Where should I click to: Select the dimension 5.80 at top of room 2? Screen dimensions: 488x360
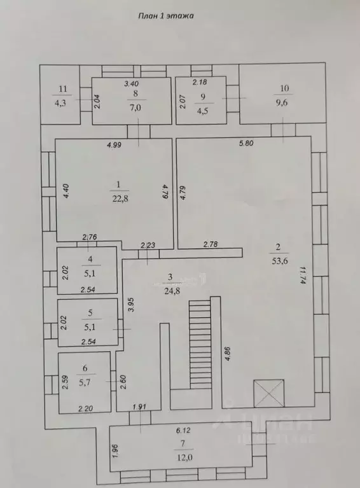coord(246,143)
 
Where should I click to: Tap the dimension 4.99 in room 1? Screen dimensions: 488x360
coord(114,145)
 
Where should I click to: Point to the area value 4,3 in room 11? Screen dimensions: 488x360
coord(62,101)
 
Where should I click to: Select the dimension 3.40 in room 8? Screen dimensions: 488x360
coord(131,83)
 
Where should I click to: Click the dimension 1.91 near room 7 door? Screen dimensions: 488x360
coord(139,407)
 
